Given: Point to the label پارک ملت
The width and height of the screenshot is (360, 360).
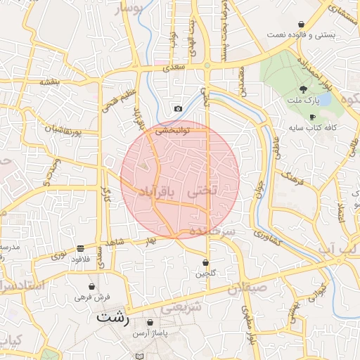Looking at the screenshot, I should [x=303, y=100].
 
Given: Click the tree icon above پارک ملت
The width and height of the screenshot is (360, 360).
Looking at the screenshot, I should [x=303, y=89].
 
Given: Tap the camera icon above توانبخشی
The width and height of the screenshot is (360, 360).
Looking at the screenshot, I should [x=178, y=109].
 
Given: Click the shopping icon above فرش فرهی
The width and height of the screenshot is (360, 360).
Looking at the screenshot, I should [x=92, y=287].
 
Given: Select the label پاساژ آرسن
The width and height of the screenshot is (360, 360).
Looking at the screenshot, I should [x=150, y=333].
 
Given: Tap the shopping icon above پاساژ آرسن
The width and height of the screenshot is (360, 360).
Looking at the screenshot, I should [x=150, y=323].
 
